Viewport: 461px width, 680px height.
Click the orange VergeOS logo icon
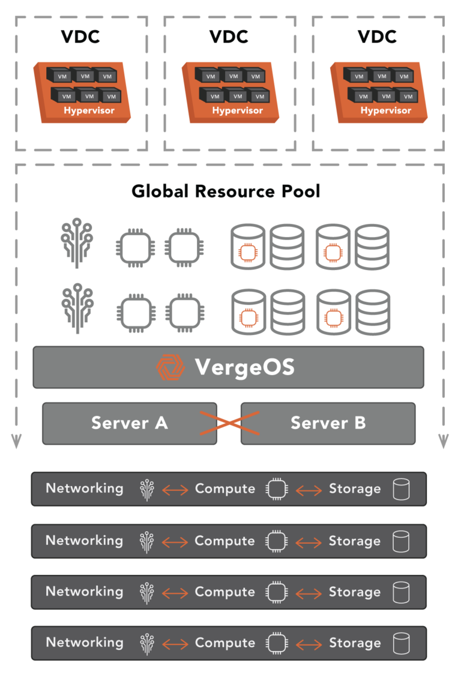pos(170,367)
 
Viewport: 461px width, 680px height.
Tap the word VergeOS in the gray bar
pos(244,367)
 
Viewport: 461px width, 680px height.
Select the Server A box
pos(129,423)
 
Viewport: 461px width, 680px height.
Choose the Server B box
pos(328,423)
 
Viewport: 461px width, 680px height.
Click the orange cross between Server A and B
pos(229,423)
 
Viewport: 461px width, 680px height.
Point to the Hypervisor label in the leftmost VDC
pos(89,110)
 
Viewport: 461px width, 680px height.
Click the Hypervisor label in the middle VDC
pos(237,110)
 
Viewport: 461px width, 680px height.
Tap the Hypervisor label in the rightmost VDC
pos(385,110)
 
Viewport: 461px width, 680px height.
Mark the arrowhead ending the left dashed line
pos(16,442)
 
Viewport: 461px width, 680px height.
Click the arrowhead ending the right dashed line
pos(444,442)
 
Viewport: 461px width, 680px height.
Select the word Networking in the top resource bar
pos(85,489)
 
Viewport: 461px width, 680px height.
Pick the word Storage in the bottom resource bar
pos(355,643)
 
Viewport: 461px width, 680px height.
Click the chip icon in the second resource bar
pos(276,541)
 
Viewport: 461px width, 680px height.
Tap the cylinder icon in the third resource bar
pos(401,592)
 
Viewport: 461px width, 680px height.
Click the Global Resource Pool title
pos(226,192)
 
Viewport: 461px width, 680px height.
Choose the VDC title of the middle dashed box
pos(229,37)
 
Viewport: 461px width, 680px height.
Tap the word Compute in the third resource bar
pos(224,592)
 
